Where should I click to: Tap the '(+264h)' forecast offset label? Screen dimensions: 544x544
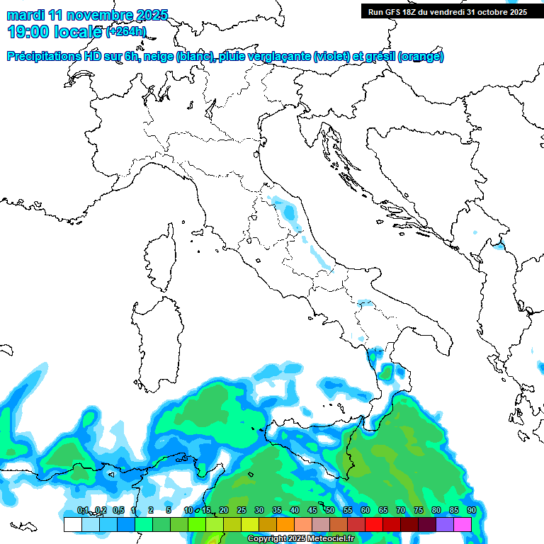click(x=125, y=31)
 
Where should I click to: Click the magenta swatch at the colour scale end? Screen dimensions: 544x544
click(x=463, y=525)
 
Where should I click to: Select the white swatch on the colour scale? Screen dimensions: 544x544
click(x=72, y=525)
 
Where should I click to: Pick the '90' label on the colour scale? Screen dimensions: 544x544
click(x=471, y=511)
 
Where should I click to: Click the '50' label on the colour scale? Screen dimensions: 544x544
click(x=329, y=511)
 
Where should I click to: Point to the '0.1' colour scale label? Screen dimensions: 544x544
click(x=82, y=511)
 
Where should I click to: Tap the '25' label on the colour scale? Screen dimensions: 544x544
click(x=241, y=511)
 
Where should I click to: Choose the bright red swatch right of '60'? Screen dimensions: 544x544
click(x=374, y=525)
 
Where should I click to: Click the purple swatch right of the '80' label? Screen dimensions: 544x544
click(x=445, y=525)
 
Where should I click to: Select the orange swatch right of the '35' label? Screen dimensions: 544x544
click(x=285, y=525)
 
